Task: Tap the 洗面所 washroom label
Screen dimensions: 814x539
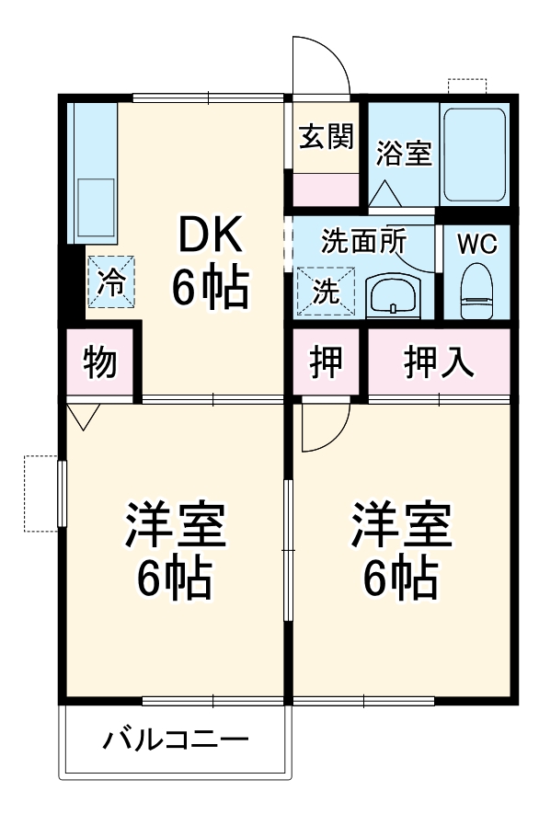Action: (363, 242)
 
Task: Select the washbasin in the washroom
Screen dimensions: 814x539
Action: (394, 296)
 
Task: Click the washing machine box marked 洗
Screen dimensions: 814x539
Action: (325, 292)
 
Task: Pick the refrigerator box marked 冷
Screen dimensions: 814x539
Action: (110, 281)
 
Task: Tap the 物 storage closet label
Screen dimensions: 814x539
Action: (100, 363)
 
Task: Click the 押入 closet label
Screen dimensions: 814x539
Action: (439, 363)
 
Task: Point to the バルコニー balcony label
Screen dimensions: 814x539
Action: (175, 739)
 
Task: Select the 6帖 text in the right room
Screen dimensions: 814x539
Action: (399, 577)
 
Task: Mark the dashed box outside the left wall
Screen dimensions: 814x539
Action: (40, 493)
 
